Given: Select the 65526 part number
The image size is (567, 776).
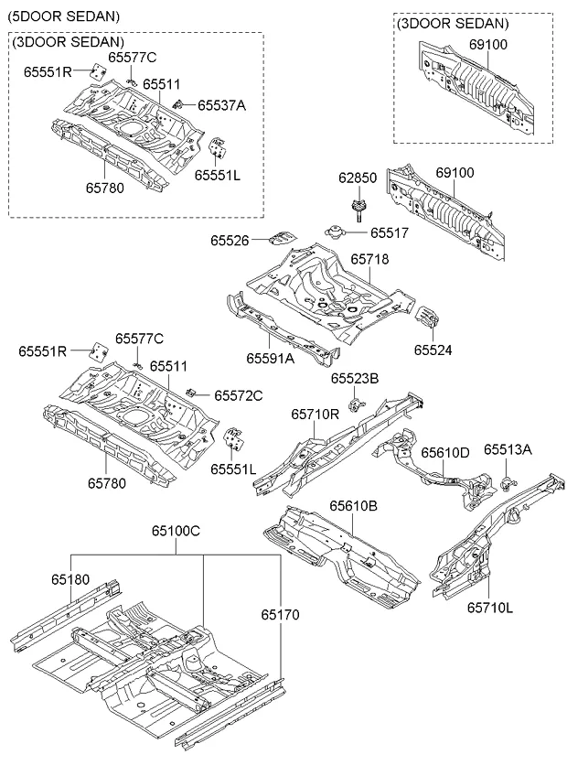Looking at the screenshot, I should point(230,240).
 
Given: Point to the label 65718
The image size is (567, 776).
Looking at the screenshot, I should point(369,260).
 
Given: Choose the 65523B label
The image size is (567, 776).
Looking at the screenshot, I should point(355,378).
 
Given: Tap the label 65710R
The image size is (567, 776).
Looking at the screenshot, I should point(316,414).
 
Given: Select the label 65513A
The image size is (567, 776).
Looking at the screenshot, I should point(508,449).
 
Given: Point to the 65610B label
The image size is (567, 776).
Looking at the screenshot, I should point(354,505).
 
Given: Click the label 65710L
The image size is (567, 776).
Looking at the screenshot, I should point(490,606).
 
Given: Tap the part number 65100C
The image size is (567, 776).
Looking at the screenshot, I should point(177,531).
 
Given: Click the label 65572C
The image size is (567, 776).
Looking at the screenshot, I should point(239,395).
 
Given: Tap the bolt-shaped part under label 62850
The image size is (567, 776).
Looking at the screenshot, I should point(357,210).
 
